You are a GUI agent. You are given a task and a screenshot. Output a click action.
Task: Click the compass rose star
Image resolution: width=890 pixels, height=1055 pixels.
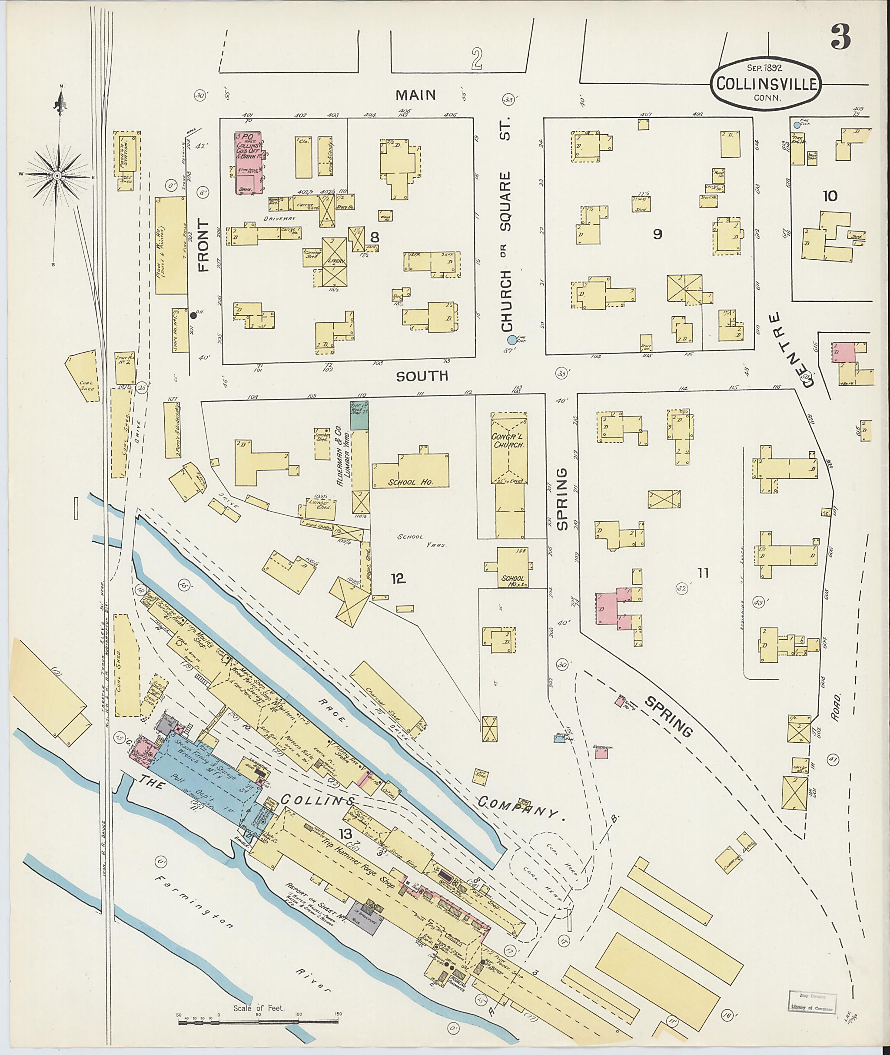pyautogui.click(x=57, y=175)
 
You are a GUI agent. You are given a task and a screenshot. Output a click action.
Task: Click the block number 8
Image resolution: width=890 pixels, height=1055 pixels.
pyautogui.click(x=374, y=237)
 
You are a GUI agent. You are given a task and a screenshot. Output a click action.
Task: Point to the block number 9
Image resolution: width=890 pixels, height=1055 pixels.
pyautogui.click(x=657, y=234)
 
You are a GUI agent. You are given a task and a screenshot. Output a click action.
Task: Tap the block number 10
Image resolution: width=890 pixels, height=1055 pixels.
pyautogui.click(x=830, y=196)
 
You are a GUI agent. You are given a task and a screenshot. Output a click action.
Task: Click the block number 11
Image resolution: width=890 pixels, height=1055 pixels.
pyautogui.click(x=703, y=572)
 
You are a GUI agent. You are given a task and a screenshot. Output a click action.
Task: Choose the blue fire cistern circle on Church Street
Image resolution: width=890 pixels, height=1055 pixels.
pyautogui.click(x=511, y=341)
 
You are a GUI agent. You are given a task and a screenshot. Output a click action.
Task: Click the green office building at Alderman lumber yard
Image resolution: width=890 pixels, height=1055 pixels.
pyautogui.click(x=359, y=416)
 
